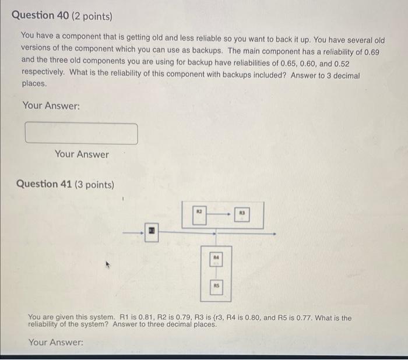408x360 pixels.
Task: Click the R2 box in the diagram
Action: point(198,215)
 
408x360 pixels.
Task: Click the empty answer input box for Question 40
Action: point(82,133)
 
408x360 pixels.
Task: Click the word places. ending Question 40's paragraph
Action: point(34,83)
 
